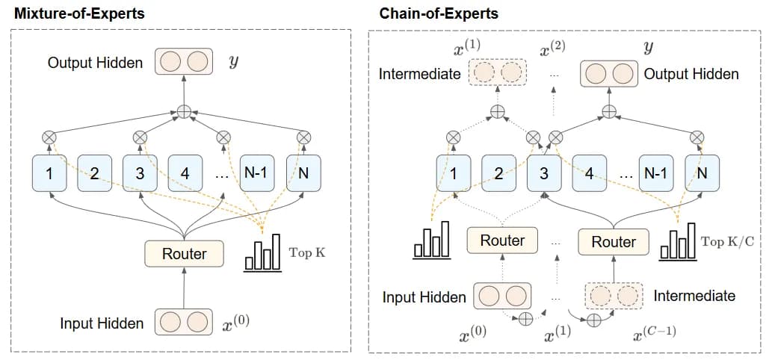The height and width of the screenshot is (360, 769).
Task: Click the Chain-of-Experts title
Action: (x=438, y=13)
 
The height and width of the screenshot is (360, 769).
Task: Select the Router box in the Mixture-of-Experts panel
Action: (x=184, y=254)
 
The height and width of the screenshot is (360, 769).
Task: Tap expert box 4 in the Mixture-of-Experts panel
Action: (x=185, y=173)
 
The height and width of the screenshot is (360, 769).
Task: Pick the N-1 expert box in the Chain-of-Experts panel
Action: (x=655, y=173)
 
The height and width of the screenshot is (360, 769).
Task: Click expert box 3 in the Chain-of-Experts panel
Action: (x=544, y=173)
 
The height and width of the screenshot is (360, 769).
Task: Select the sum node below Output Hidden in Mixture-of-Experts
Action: (x=184, y=112)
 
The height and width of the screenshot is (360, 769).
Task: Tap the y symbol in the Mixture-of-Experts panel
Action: (x=235, y=61)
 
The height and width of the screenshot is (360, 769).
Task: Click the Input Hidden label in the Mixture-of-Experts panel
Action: (x=102, y=323)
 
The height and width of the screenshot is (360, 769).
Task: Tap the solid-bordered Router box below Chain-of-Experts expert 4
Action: (x=613, y=241)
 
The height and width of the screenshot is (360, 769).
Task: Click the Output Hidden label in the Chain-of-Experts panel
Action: (x=691, y=74)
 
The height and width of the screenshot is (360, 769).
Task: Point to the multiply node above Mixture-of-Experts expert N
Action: (x=303, y=137)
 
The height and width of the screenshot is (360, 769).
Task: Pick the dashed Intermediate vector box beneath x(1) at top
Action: (x=497, y=74)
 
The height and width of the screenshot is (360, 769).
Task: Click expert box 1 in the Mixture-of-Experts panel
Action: (x=49, y=173)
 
